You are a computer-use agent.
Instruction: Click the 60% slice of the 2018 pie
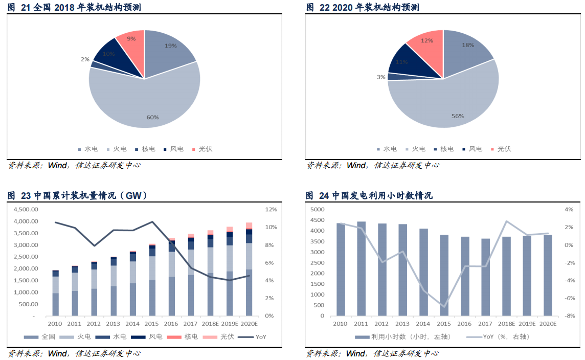coord(148,102)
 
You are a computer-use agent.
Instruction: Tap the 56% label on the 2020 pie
coord(457,116)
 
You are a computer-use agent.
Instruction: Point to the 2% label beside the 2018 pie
coord(84,59)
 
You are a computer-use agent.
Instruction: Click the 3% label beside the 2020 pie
coord(380,77)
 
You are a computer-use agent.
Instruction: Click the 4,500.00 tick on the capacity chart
coord(26,210)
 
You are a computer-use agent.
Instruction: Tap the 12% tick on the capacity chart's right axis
coord(271,210)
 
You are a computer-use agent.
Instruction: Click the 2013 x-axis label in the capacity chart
coord(113,324)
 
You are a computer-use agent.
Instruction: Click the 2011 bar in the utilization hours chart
coord(361,268)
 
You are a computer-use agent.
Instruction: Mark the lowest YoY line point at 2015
coord(444,307)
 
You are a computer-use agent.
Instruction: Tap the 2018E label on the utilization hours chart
coord(505,324)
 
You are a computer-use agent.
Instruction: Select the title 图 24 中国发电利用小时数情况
coord(369,195)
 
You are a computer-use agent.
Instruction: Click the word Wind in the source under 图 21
coord(58,165)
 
